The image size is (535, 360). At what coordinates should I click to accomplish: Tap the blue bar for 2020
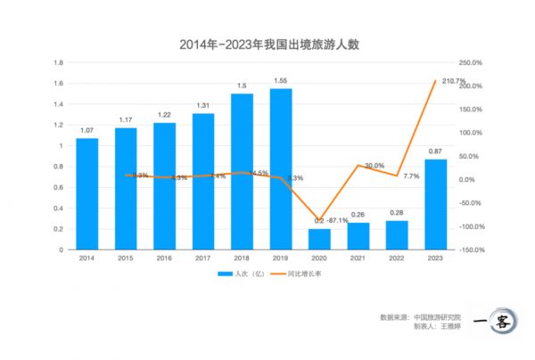pyautogui.click(x=319, y=239)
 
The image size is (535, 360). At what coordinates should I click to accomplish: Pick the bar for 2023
pyautogui.click(x=435, y=204)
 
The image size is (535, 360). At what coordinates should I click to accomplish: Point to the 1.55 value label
pyautogui.click(x=281, y=81)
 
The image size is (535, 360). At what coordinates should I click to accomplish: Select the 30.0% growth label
pyautogui.click(x=374, y=166)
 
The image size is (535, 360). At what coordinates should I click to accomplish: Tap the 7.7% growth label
pyautogui.click(x=411, y=176)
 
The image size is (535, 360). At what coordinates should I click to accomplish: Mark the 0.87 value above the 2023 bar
pyautogui.click(x=435, y=152)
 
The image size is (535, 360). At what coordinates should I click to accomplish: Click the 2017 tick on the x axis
pyautogui.click(x=203, y=258)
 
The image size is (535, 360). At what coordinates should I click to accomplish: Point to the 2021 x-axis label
pyautogui.click(x=358, y=258)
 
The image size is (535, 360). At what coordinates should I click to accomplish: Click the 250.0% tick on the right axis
pyautogui.click(x=470, y=62)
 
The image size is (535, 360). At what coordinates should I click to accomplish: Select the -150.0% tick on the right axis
pyautogui.click(x=470, y=250)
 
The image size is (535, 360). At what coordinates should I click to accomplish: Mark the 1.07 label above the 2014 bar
pyautogui.click(x=86, y=131)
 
